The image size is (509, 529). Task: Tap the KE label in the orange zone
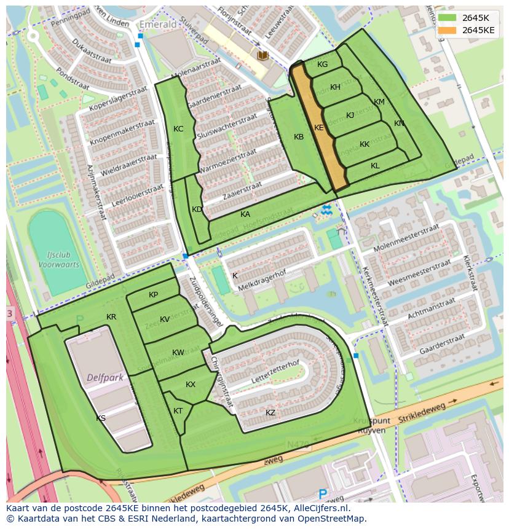click(318, 128)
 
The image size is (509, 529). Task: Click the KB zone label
click(299, 137)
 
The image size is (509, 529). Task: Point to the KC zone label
click(178, 129)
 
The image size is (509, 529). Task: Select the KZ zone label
click(270, 413)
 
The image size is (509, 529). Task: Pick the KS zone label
click(101, 418)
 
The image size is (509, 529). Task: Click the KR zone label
click(111, 317)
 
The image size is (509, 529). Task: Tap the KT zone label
click(178, 411)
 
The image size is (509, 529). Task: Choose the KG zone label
click(322, 65)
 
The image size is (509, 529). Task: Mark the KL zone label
click(375, 166)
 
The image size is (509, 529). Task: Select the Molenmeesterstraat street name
click(406, 238)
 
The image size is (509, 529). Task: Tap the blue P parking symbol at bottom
click(323, 493)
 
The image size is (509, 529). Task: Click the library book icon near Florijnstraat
click(263, 56)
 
